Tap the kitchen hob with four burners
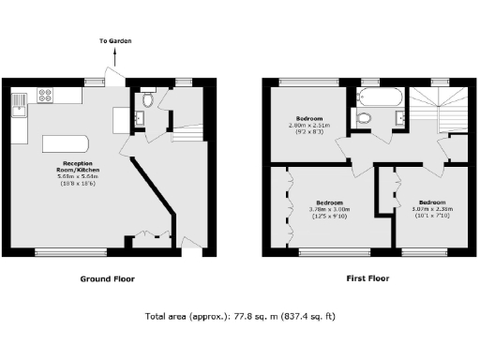tap(45, 94)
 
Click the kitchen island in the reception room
tap(65, 143)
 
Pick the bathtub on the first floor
tap(381, 97)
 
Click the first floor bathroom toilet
tap(364, 117)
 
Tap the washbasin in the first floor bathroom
tap(400, 115)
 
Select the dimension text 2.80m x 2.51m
tap(306, 126)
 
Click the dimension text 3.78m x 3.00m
tap(328, 210)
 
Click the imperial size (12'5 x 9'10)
tap(328, 217)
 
